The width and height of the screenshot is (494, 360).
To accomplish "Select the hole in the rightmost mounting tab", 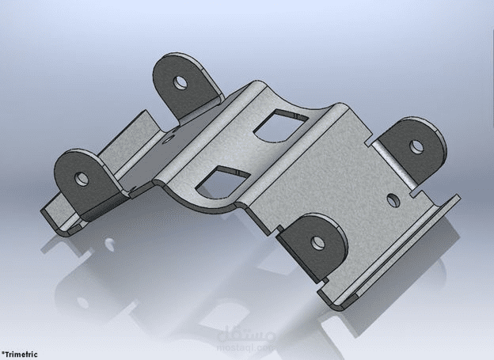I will point(416,146).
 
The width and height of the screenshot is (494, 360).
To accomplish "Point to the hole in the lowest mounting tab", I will point(318,241).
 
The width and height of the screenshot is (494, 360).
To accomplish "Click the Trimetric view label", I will point(19,354).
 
